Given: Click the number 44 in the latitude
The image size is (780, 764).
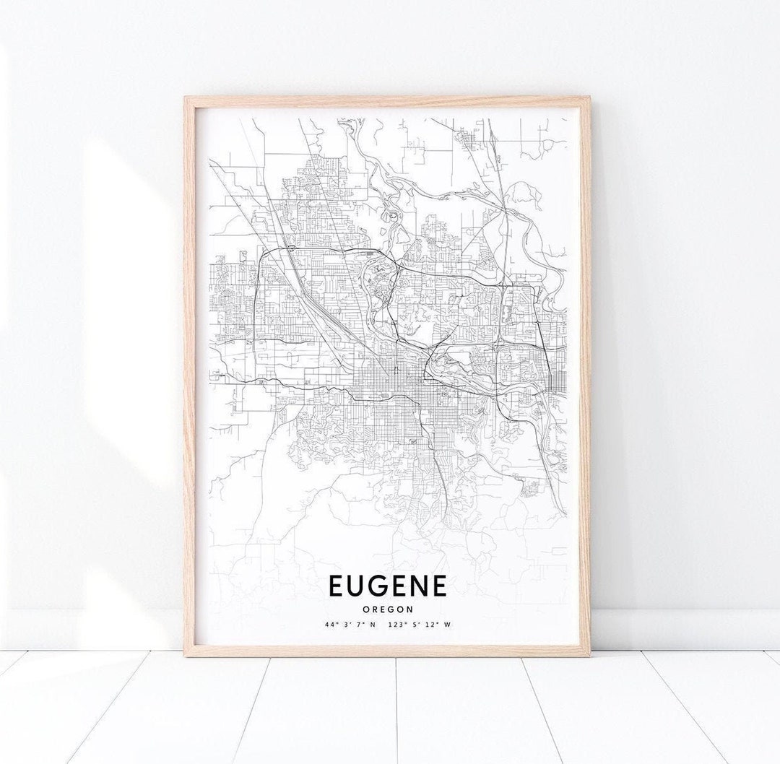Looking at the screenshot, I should tap(329, 625).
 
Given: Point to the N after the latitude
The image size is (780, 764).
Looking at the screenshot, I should tap(373, 625).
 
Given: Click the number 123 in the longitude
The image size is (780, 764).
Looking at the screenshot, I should tap(394, 625).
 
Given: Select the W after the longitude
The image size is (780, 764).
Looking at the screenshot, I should tap(448, 625).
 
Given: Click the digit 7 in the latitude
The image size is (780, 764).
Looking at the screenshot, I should tap(359, 625).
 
